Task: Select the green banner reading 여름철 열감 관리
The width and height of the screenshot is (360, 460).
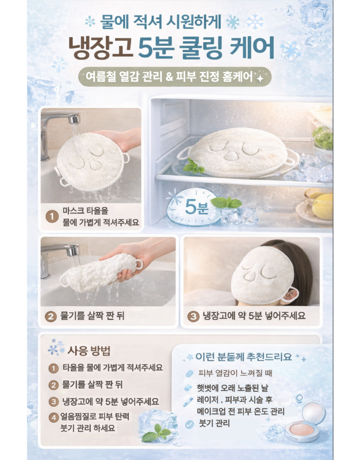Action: click(175, 77)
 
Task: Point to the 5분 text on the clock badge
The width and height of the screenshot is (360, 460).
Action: click(197, 207)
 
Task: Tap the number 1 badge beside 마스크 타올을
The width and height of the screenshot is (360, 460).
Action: click(52, 217)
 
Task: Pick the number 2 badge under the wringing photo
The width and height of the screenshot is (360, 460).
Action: click(50, 317)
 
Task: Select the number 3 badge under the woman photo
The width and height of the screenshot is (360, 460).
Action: click(193, 317)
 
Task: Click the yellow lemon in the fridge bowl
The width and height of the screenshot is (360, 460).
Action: click(322, 206)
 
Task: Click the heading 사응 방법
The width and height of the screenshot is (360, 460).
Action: click(89, 350)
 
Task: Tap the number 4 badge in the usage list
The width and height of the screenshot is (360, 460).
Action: click(54, 417)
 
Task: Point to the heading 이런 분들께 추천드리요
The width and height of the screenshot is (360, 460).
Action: click(244, 357)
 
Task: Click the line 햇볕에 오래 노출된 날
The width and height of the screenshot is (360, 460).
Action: click(233, 388)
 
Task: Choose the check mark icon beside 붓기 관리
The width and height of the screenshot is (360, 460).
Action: click(190, 424)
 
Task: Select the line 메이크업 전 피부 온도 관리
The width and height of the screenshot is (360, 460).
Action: click(240, 411)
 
